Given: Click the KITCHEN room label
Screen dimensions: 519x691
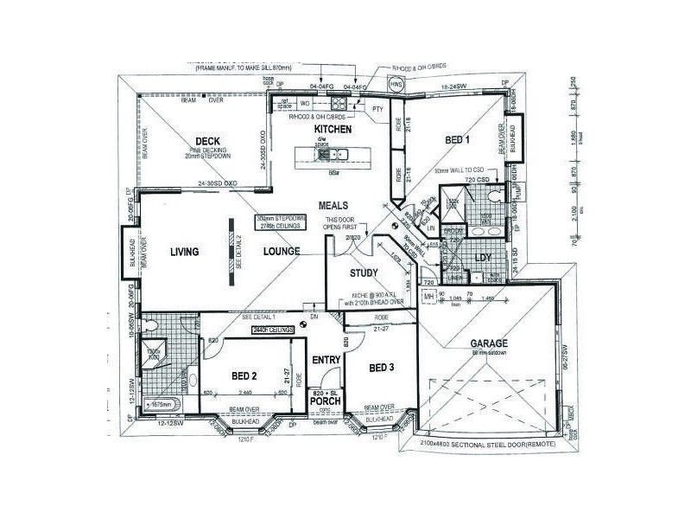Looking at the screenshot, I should [x=333, y=129].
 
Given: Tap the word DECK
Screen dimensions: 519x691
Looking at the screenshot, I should [x=207, y=141].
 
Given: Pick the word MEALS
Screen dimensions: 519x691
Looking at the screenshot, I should [x=333, y=206].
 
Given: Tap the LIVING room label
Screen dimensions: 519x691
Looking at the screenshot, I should [x=184, y=252].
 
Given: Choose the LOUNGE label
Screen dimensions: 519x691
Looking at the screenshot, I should [x=282, y=252].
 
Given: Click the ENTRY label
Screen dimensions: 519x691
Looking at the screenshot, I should [x=326, y=360].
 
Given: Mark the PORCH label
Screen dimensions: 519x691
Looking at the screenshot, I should [x=326, y=402].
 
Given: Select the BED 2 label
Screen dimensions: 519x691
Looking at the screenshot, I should [x=244, y=375].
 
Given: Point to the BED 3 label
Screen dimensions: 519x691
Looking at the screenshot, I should [x=381, y=368].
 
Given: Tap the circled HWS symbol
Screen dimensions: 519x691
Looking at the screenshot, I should [x=396, y=86].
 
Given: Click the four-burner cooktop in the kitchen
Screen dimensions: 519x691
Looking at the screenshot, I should [x=327, y=155].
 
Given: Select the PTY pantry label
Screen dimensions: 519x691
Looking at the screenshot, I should [x=377, y=110].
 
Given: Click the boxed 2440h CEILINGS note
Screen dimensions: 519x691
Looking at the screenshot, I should [x=270, y=330].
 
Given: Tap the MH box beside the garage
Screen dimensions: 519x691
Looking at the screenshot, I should [x=428, y=297].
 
